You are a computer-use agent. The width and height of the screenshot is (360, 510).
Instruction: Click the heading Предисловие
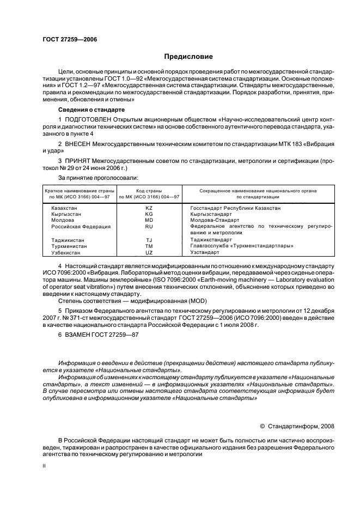(189, 57)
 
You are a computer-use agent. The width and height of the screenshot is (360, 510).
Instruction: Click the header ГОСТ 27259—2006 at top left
(66, 40)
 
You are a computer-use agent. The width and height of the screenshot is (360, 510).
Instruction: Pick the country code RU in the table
(149, 226)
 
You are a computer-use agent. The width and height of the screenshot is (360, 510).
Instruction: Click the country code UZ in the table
(149, 253)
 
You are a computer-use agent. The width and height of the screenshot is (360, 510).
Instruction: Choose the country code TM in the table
(149, 246)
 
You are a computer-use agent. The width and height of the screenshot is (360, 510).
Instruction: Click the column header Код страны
(149, 191)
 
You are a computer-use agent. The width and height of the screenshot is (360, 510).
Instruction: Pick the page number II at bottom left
(45, 467)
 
